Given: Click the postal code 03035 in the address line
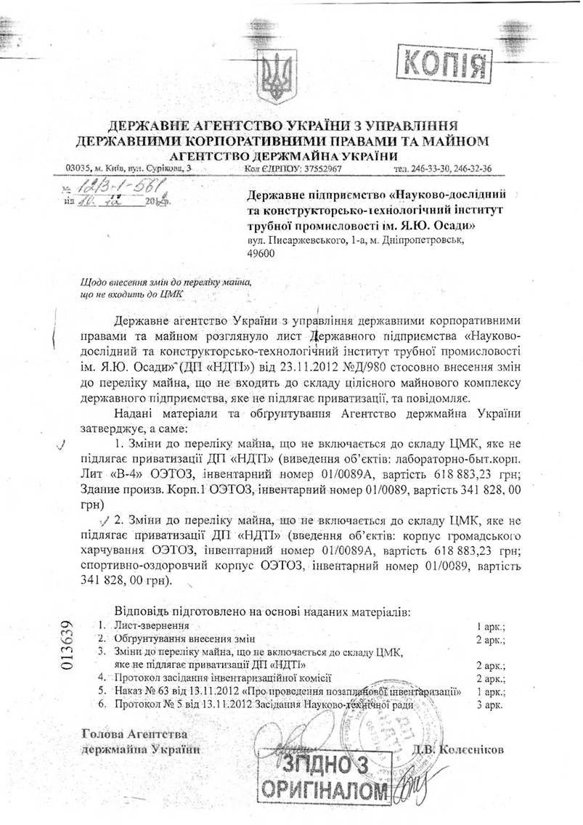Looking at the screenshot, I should click(77, 168).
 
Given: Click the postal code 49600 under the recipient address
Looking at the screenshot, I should click(261, 253).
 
